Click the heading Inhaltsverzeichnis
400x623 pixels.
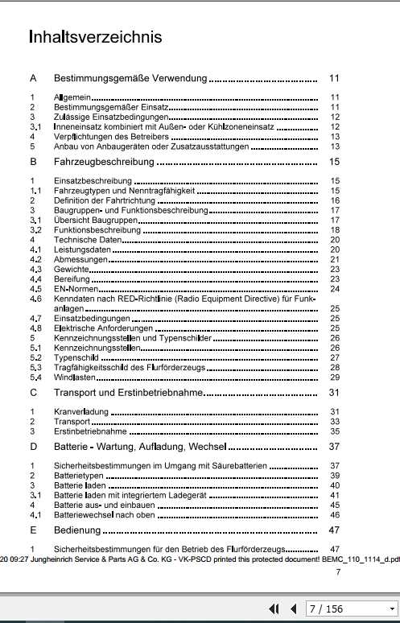point(95,37)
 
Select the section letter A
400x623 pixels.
point(33,79)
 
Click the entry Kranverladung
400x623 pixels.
point(81,412)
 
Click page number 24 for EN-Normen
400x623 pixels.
point(335,288)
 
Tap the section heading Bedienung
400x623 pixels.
point(79,530)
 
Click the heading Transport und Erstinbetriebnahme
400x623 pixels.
point(126,393)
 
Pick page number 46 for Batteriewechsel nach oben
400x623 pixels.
point(335,514)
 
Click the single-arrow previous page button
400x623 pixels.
point(293,609)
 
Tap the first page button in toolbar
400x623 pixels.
point(274,609)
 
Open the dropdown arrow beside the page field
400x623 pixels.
point(392,609)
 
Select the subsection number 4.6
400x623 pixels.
point(35,298)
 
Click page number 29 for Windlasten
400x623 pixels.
point(335,377)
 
